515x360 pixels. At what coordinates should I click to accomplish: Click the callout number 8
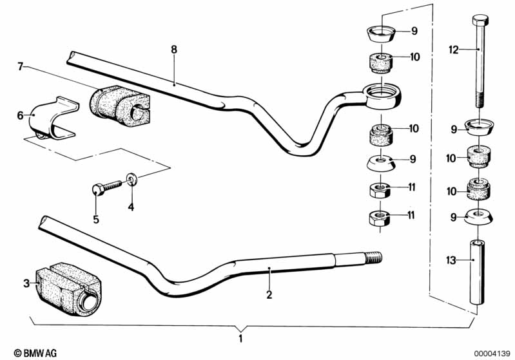click(173, 49)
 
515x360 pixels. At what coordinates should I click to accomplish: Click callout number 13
click(451, 260)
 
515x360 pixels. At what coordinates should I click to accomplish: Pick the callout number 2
click(269, 296)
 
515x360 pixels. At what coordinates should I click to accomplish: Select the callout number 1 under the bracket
click(241, 337)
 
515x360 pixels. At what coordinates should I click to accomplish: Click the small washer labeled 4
click(132, 177)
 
